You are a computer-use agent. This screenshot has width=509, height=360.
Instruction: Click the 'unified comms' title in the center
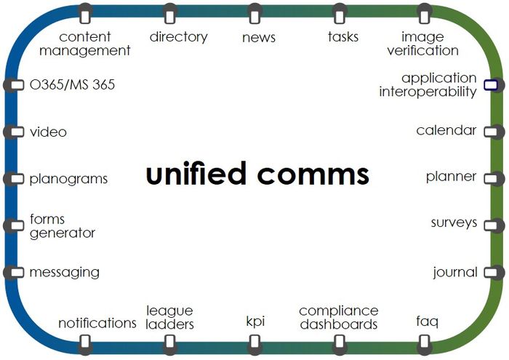tap(257, 175)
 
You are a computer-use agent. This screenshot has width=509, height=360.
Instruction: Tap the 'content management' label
tap(84, 44)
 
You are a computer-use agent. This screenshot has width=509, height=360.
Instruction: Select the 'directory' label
tap(178, 36)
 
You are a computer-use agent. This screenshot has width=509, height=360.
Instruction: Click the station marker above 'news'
tap(254, 14)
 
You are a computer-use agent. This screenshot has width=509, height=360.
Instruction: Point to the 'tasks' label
tap(342, 36)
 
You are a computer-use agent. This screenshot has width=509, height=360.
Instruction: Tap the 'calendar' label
tap(446, 131)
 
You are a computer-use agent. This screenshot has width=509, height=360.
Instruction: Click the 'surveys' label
tap(454, 223)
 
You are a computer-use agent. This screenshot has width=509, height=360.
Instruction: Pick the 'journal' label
tap(455, 273)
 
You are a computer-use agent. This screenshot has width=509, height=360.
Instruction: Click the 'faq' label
tap(427, 321)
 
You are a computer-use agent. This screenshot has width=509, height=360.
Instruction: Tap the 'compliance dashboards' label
tap(339, 318)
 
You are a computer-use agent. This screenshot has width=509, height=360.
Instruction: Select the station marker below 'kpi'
tap(254, 341)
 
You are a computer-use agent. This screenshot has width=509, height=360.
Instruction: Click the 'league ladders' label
tap(169, 318)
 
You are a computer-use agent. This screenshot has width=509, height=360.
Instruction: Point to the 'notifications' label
tap(97, 323)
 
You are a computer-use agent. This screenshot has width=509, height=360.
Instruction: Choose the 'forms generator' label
tap(62, 226)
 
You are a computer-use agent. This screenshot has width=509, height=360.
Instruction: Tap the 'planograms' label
tap(68, 179)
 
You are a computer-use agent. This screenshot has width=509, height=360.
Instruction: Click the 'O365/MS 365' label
tap(72, 86)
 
